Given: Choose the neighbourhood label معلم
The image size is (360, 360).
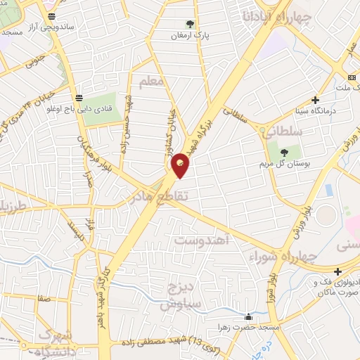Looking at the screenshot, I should tap(151, 82).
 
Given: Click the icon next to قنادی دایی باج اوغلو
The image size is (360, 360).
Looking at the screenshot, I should tap(78, 98).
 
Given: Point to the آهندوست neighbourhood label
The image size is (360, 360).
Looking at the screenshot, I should tap(202, 241).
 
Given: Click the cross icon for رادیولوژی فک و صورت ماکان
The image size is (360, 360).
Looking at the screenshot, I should tap(338, 271).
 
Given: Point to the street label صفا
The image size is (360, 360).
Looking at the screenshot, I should tap(44, 298).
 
